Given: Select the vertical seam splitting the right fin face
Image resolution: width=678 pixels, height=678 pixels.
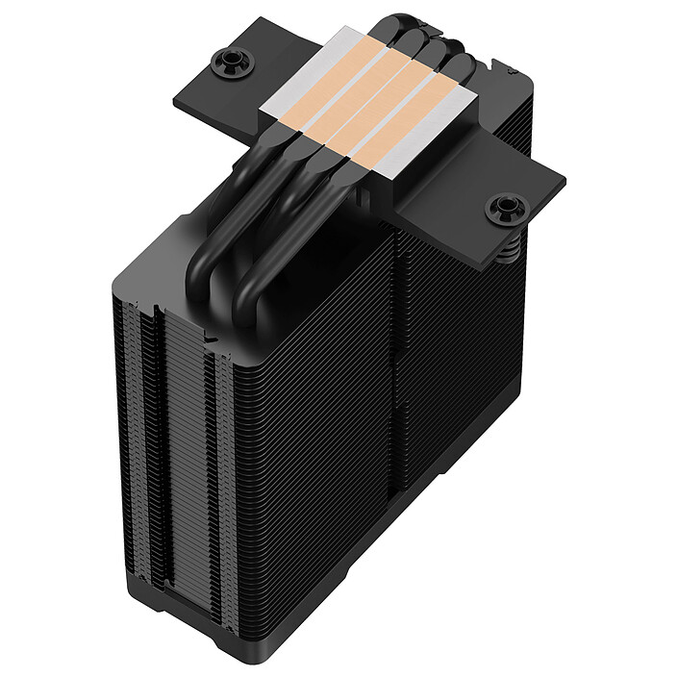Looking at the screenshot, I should click(396, 404).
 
